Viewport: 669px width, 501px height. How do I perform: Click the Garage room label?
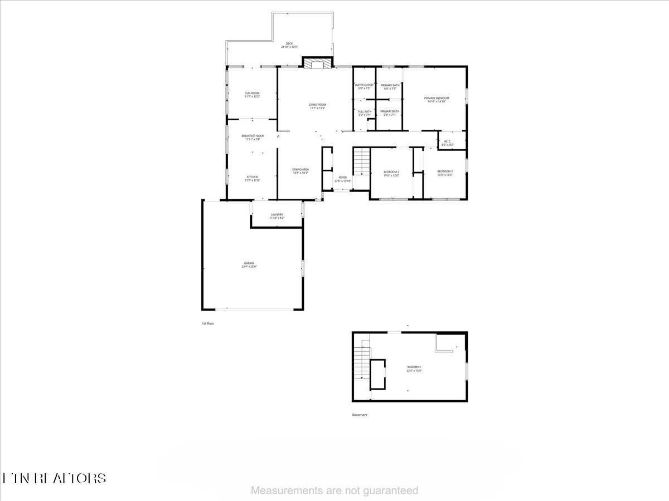[249, 264]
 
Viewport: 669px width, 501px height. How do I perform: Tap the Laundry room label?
[277, 216]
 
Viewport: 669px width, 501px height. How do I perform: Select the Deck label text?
[289, 45]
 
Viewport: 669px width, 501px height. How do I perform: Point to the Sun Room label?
[253, 95]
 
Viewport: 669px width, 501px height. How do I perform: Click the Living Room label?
[318, 106]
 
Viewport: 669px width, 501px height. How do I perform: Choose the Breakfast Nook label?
[253, 137]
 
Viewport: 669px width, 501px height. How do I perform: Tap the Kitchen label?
[253, 178]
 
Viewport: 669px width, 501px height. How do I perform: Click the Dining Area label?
[300, 171]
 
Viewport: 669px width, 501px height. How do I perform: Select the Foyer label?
[342, 179]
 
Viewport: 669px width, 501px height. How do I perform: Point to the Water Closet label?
[365, 86]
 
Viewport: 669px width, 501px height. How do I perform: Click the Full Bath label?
[365, 113]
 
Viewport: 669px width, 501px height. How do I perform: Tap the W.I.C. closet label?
[448, 143]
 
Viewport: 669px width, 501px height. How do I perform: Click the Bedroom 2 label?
[391, 173]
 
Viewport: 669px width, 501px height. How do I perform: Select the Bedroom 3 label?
[444, 173]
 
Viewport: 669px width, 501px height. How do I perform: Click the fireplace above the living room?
[317, 63]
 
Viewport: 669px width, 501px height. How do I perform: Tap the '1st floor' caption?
[208, 323]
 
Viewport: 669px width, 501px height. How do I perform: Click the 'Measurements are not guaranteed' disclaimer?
[334, 490]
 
